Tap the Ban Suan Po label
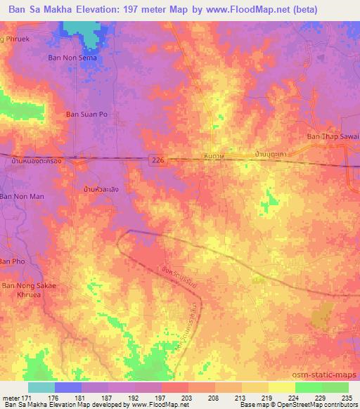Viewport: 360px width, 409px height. [x=84, y=114]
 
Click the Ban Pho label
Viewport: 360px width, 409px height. [x=12, y=261]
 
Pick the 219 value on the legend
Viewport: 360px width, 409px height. [x=266, y=397]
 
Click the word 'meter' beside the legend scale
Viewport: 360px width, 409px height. [x=11, y=397]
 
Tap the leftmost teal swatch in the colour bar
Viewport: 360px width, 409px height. [x=41, y=387]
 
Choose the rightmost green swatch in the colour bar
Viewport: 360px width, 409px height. [x=335, y=387]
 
